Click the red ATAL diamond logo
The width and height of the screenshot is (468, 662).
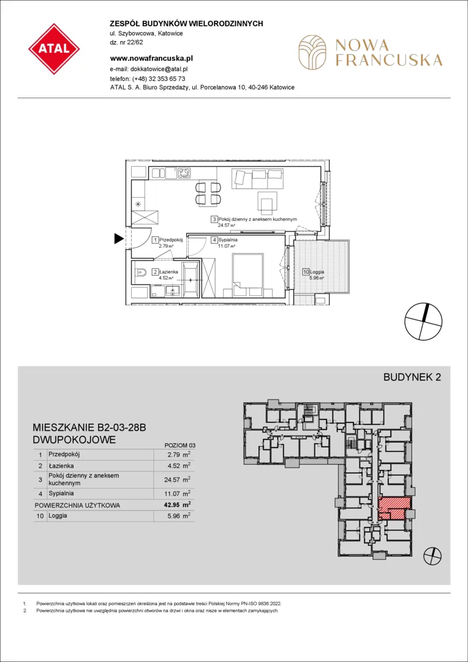[54, 49]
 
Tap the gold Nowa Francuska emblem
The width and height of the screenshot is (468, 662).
[312, 52]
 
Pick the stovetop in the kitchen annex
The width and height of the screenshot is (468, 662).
[184, 173]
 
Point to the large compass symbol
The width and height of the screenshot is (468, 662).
[424, 321]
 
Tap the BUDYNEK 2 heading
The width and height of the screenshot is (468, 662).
[412, 378]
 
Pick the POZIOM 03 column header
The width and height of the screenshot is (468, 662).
[179, 445]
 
